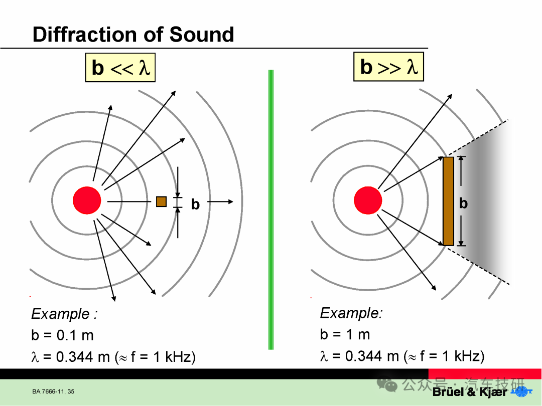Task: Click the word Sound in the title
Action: pyautogui.click(x=202, y=35)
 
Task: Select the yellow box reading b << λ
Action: pyautogui.click(x=120, y=67)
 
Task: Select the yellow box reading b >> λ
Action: pyautogui.click(x=388, y=67)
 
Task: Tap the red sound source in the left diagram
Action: pyautogui.click(x=87, y=200)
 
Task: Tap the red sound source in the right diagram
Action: pyautogui.click(x=368, y=200)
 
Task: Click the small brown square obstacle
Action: pyautogui.click(x=162, y=201)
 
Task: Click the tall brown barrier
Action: pyautogui.click(x=448, y=201)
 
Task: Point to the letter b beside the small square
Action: pyautogui.click(x=195, y=205)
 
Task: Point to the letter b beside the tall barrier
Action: pyautogui.click(x=464, y=204)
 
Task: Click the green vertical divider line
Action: pyautogui.click(x=271, y=210)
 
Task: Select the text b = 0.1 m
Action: pyautogui.click(x=63, y=335)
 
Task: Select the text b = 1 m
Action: pyautogui.click(x=345, y=334)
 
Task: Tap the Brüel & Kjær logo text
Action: pyautogui.click(x=469, y=392)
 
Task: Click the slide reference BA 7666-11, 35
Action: pyautogui.click(x=53, y=391)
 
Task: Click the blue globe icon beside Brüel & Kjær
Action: pyautogui.click(x=521, y=391)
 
